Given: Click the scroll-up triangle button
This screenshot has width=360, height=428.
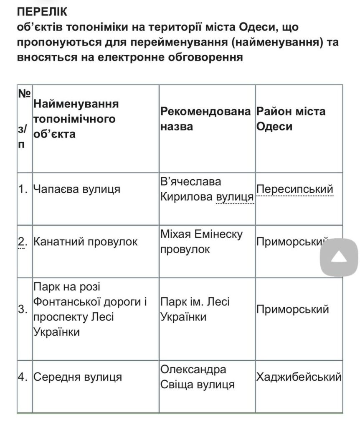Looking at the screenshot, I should point(339,257).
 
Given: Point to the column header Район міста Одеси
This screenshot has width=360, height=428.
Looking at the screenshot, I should point(291,119).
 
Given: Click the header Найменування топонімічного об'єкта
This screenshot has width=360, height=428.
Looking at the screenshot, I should point(76,119).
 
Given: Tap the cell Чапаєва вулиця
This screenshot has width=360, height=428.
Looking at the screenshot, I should point(77,189).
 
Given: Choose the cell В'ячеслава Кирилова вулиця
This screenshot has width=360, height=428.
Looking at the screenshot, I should point(207,189).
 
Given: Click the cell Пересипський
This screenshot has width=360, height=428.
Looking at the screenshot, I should point(295,189).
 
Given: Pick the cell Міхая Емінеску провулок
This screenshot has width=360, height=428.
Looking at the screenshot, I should point(201,242).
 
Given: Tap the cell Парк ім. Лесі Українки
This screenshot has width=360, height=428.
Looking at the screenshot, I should point(195,309).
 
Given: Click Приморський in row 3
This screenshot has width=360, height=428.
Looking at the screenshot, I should point(293,309).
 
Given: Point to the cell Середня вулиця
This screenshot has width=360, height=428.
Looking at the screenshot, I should point(78,377).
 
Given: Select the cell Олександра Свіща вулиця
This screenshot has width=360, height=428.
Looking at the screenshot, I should point(197,377).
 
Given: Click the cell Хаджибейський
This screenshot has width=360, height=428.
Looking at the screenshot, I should point(299,377).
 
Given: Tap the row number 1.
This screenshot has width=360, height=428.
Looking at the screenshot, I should point(23,189).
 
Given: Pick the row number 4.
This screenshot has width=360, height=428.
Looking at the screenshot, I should point(23,377).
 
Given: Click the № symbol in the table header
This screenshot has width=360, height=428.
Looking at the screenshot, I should point(23,93).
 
